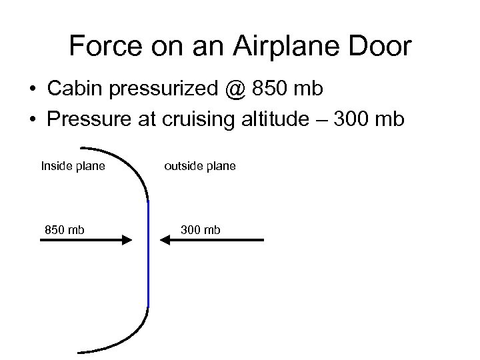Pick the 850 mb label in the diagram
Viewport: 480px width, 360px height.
[x=64, y=230]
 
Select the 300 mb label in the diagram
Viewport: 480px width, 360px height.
[x=200, y=230]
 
